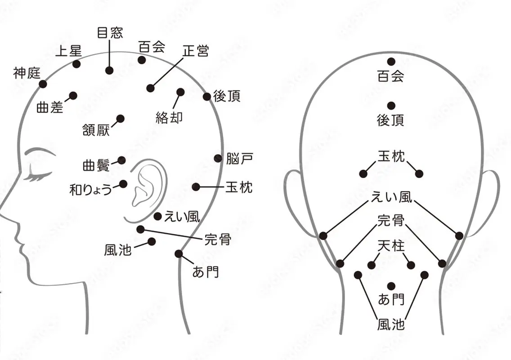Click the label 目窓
click(x=110, y=33)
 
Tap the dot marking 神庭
click(x=43, y=84)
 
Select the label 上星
click(x=68, y=51)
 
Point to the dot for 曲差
click(x=73, y=96)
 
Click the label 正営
click(x=196, y=51)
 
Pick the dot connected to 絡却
click(x=180, y=92)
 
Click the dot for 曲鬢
click(x=121, y=160)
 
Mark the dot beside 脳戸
click(x=218, y=159)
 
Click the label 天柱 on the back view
click(x=391, y=245)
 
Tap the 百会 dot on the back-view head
click(x=391, y=62)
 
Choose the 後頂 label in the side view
click(x=227, y=96)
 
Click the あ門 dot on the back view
click(x=391, y=286)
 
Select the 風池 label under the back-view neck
click(x=391, y=324)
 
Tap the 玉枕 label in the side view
click(x=239, y=187)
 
